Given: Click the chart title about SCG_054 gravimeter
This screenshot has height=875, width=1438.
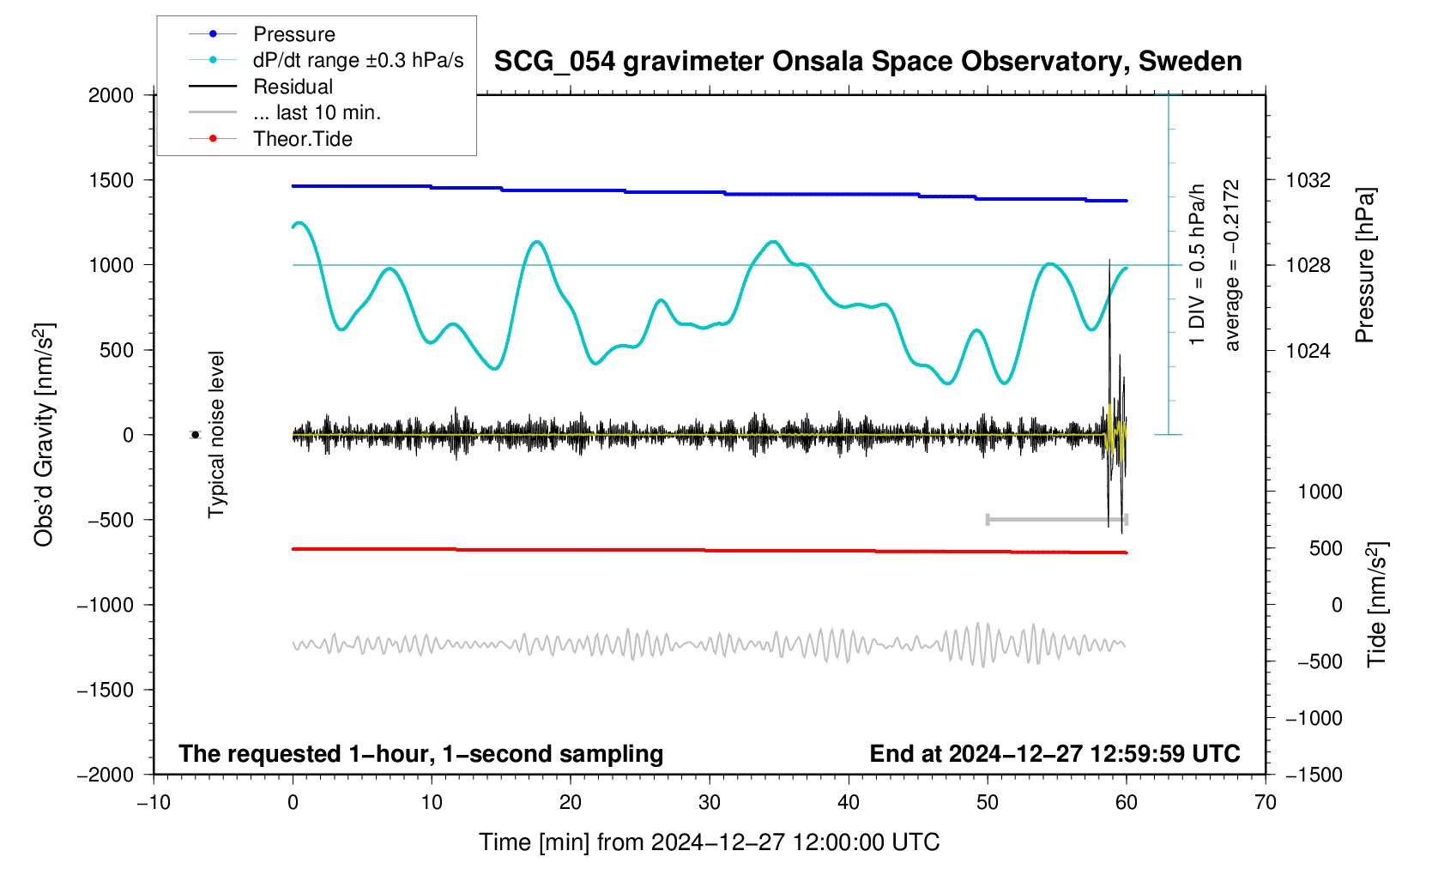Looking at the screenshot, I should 867,62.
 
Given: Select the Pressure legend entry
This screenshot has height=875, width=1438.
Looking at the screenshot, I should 293,34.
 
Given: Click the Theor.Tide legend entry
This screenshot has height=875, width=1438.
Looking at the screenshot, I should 302,139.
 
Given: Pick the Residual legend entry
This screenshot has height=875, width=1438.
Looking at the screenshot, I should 293,87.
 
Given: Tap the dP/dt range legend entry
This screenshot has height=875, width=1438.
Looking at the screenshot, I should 358,60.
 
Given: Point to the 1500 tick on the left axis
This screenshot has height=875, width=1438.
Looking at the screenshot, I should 112,180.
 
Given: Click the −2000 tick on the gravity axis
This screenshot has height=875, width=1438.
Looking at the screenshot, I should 106,775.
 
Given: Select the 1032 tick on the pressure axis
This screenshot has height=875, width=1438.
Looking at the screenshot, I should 1308,180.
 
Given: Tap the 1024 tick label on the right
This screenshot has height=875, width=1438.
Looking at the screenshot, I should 1308,350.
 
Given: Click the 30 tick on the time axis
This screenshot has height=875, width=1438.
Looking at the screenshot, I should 710,803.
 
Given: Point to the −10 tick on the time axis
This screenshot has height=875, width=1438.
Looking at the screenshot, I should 154,803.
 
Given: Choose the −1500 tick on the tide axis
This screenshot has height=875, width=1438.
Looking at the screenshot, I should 1313,775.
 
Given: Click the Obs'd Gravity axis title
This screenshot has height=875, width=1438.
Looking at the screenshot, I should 44,435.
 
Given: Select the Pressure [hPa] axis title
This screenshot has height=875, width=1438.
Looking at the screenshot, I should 1364,266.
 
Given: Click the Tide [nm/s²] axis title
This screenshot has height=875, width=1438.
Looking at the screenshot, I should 1377,605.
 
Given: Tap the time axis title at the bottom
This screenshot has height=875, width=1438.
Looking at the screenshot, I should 709,842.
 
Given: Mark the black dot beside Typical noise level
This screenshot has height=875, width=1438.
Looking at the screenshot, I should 195,435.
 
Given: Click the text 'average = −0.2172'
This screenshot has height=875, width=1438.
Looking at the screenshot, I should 1232,266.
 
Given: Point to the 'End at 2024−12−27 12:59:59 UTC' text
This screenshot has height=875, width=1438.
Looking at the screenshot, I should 1054,754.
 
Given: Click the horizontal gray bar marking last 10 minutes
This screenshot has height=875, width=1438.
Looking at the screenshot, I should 1056,519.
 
